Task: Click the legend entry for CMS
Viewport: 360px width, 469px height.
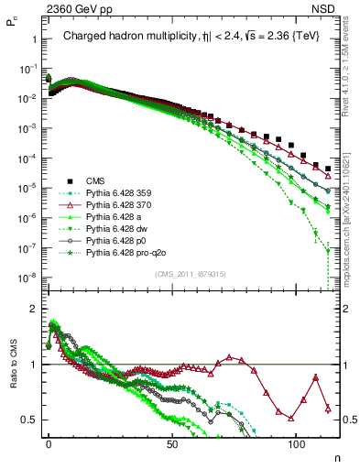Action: (x=94, y=181)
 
